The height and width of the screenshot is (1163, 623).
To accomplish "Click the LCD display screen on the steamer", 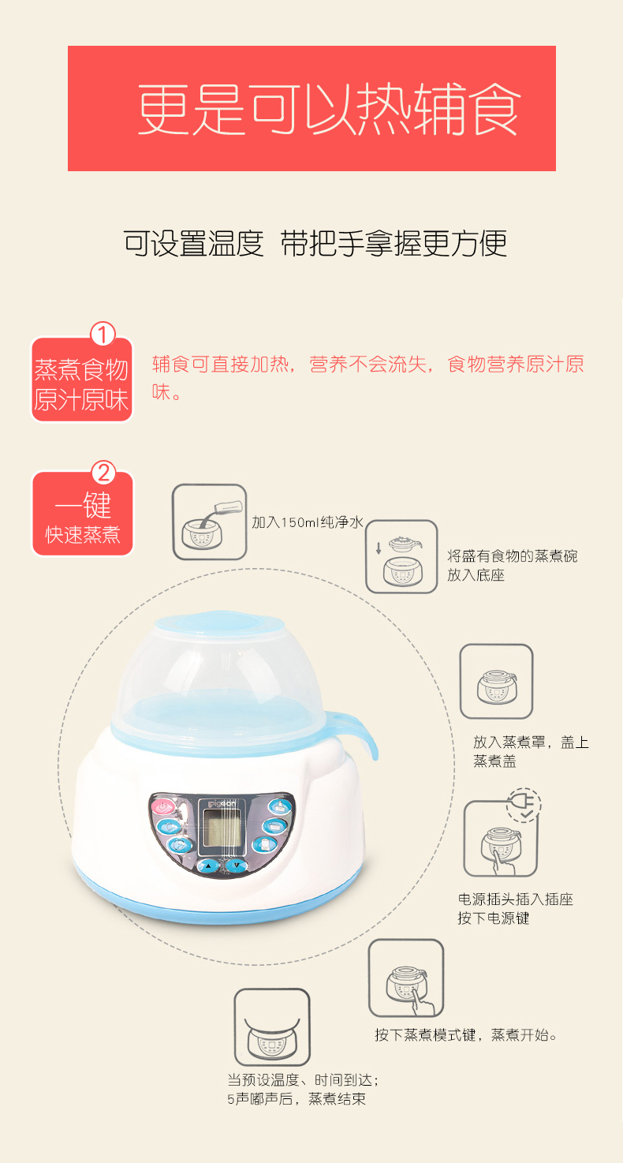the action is click(219, 829).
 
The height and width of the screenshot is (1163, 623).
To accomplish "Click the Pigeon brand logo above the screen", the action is click(222, 803).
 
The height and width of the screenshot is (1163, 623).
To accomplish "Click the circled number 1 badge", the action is click(103, 334).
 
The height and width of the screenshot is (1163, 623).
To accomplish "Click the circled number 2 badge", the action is click(104, 473).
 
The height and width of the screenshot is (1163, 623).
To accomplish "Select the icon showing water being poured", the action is click(210, 522).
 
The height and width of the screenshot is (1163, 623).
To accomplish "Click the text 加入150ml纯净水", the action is click(307, 522).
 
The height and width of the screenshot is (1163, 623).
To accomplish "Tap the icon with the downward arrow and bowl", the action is click(401, 556).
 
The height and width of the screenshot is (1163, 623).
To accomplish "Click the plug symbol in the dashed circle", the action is click(524, 805).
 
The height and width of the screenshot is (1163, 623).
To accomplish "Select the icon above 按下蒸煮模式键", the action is click(406, 978).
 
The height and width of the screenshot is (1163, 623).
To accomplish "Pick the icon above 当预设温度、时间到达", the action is click(272, 1027).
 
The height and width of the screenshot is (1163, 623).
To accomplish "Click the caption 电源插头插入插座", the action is click(516, 899).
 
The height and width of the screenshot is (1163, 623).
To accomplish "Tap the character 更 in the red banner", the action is click(165, 109).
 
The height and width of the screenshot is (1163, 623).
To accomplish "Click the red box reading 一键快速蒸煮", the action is click(83, 514).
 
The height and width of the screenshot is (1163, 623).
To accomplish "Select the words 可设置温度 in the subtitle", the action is click(193, 244).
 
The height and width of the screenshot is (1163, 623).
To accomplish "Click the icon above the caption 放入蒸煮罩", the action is click(497, 682).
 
